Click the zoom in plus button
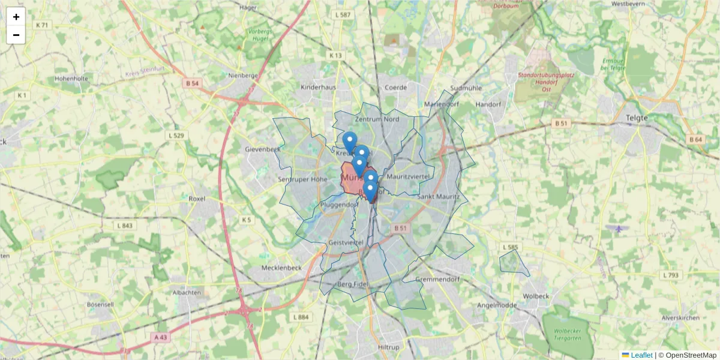click(16, 17)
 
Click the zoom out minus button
click(16, 35)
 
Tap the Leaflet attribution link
click(641, 355)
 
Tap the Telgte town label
click(637, 118)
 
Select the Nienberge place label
click(243, 76)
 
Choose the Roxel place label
click(197, 198)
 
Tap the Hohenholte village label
click(71, 79)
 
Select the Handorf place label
click(488, 104)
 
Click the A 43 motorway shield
click(160, 337)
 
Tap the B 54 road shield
click(192, 84)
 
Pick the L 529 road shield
click(176, 136)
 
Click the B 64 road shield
click(695, 140)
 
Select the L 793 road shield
click(670, 275)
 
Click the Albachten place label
click(187, 292)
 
